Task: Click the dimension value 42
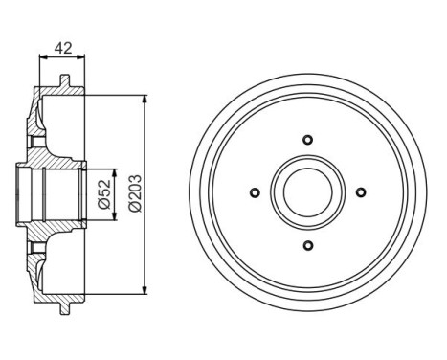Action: pos(61,45)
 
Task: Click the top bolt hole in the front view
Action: pos(307,140)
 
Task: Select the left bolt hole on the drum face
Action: pos(254,193)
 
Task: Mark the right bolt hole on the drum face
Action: pos(361,193)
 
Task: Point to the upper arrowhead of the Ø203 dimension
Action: pos(144,100)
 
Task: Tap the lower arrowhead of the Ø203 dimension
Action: pos(144,286)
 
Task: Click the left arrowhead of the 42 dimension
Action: pos(42,58)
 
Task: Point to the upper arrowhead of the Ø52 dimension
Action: pos(115,172)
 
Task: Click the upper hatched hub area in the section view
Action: pos(57,153)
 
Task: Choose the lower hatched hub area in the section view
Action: pos(57,233)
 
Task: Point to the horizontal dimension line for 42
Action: pos(61,58)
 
